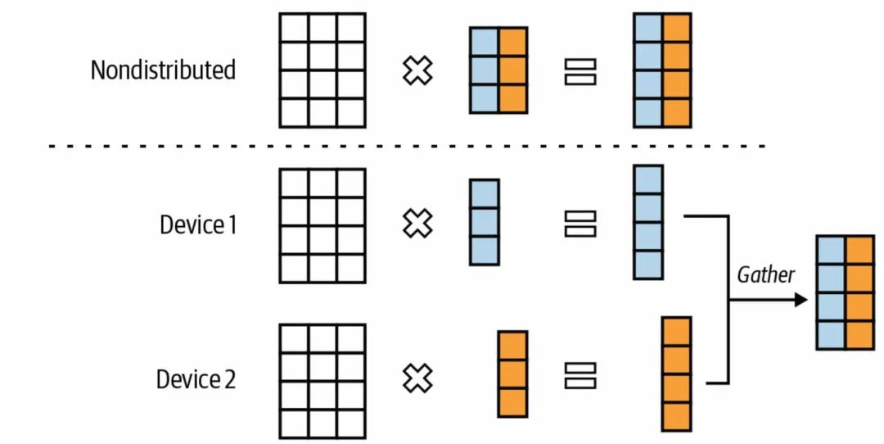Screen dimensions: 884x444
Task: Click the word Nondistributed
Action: (163, 70)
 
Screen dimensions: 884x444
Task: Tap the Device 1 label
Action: (198, 225)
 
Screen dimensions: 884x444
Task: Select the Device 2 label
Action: (196, 379)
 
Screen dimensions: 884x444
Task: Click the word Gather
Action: (765, 275)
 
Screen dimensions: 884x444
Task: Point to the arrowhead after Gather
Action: (801, 300)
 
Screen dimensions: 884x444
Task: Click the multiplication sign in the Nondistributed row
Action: (417, 71)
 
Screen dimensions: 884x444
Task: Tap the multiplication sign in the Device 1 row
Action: (417, 223)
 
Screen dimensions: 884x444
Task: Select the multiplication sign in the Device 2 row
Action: (417, 378)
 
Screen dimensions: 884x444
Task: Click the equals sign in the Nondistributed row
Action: (580, 71)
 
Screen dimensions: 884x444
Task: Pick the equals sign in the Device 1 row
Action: (580, 224)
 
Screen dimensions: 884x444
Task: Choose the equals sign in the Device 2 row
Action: (580, 376)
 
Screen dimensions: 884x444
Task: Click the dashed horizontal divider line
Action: (407, 147)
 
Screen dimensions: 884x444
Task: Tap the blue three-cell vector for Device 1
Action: (485, 222)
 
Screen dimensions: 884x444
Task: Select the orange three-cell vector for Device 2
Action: (512, 374)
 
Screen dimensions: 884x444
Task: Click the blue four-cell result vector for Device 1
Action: (648, 222)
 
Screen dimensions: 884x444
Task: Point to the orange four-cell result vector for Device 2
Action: (677, 374)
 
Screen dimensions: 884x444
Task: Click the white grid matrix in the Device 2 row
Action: (322, 382)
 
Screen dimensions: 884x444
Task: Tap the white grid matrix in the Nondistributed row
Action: (322, 70)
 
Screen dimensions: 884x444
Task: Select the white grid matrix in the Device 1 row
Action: (322, 225)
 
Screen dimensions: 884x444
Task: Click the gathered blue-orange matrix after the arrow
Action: (846, 292)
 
